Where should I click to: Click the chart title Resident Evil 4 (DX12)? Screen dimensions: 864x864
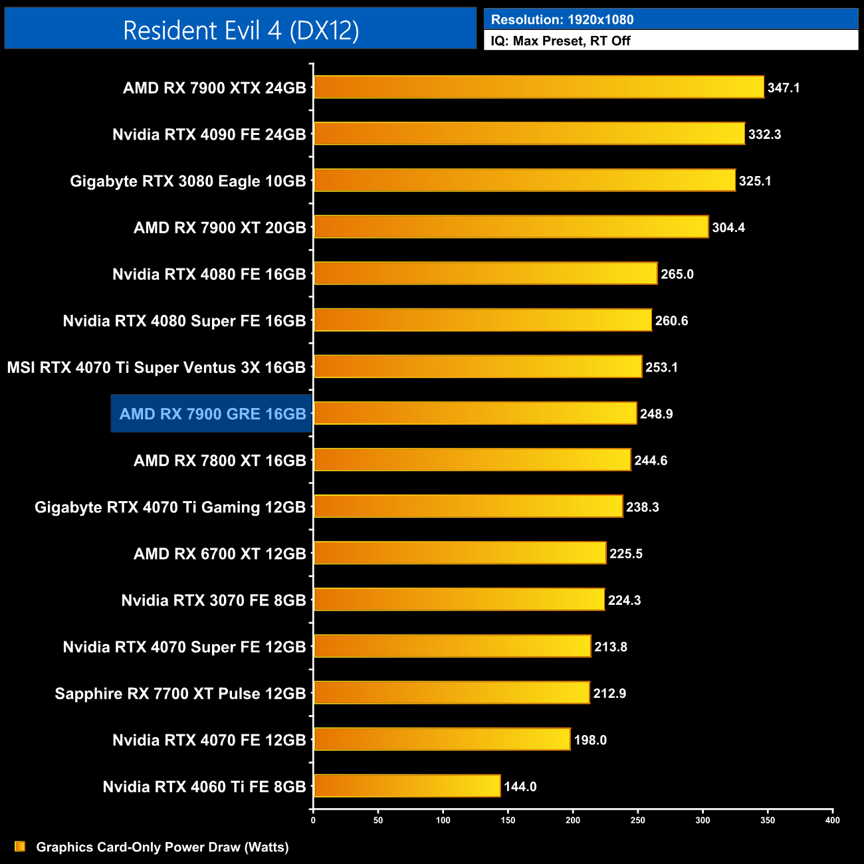pyautogui.click(x=241, y=31)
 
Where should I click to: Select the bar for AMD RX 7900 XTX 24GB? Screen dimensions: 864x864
pyautogui.click(x=538, y=87)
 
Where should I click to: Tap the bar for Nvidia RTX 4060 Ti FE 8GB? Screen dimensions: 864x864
pyautogui.click(x=407, y=786)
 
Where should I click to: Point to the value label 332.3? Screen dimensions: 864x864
pyautogui.click(x=764, y=134)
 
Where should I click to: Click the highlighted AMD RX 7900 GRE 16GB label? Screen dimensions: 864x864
pyautogui.click(x=212, y=414)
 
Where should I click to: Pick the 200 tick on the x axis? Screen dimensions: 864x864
pyautogui.click(x=573, y=820)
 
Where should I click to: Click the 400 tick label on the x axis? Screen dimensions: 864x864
pyautogui.click(x=832, y=820)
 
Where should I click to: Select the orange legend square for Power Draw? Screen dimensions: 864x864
pyautogui.click(x=20, y=846)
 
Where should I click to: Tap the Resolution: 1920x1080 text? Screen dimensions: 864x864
pyautogui.click(x=562, y=19)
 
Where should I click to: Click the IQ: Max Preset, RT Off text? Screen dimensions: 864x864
pyautogui.click(x=560, y=41)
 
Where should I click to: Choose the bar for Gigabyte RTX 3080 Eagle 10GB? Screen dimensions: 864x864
pyautogui.click(x=524, y=180)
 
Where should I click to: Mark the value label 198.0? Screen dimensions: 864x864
pyautogui.click(x=590, y=740)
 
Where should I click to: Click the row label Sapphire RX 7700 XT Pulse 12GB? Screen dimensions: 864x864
pyautogui.click(x=180, y=693)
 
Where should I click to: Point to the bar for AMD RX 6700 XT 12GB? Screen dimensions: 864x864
pyautogui.click(x=460, y=553)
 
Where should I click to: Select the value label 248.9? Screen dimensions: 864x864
pyautogui.click(x=656, y=413)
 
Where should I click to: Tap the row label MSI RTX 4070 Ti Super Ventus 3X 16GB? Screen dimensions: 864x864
pyautogui.click(x=156, y=368)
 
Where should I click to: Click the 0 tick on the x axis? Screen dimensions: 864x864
pyautogui.click(x=313, y=820)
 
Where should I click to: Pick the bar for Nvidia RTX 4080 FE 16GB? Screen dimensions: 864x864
pyautogui.click(x=485, y=273)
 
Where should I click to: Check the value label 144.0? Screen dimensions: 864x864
pyautogui.click(x=520, y=786)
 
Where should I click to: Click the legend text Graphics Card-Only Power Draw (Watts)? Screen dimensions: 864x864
pyautogui.click(x=162, y=847)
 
